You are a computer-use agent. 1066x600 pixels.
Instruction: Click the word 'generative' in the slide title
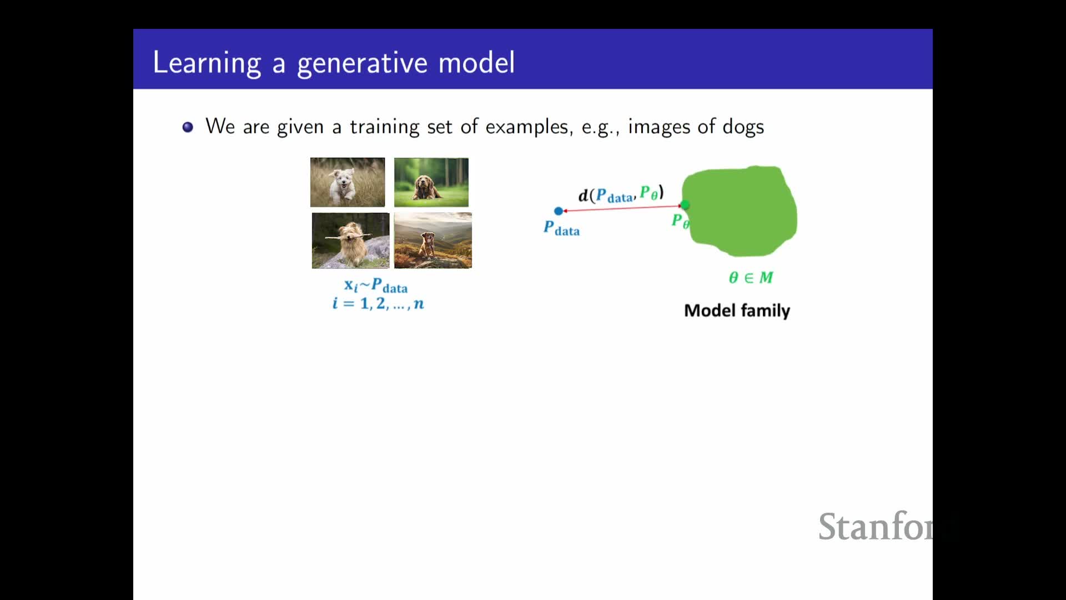pos(361,63)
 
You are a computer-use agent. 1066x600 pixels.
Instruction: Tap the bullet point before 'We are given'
pos(188,127)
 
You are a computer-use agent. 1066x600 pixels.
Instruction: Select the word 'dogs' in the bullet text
pos(743,127)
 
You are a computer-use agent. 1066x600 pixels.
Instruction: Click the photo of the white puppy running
pos(348,182)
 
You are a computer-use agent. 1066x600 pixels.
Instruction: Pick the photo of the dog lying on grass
pos(431,182)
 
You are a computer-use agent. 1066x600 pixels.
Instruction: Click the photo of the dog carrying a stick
pos(350,241)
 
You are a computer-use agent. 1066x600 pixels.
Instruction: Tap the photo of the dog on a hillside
pos(433,241)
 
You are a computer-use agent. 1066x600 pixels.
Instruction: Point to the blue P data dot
pos(559,211)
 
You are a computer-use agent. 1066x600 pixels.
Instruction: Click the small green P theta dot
pos(685,206)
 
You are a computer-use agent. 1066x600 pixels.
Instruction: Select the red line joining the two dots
pos(622,208)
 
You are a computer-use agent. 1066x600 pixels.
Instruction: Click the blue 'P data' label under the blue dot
pos(561,228)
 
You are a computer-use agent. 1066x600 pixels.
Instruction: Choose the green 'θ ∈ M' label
pos(751,277)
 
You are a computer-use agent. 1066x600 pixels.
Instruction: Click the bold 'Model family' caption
pos(737,311)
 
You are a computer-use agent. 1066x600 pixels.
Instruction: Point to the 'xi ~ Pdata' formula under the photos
pos(376,286)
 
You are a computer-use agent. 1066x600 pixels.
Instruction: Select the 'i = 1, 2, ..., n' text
pos(378,303)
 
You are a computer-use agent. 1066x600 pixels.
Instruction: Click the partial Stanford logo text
pos(876,527)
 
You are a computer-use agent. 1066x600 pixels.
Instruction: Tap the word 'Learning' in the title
pos(207,63)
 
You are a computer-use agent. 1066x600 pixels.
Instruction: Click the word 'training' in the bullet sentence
pos(384,127)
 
